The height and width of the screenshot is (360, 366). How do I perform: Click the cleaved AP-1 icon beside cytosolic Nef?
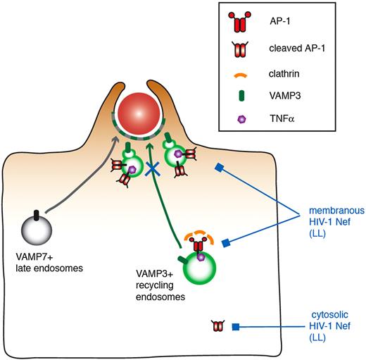coord(219,326)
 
